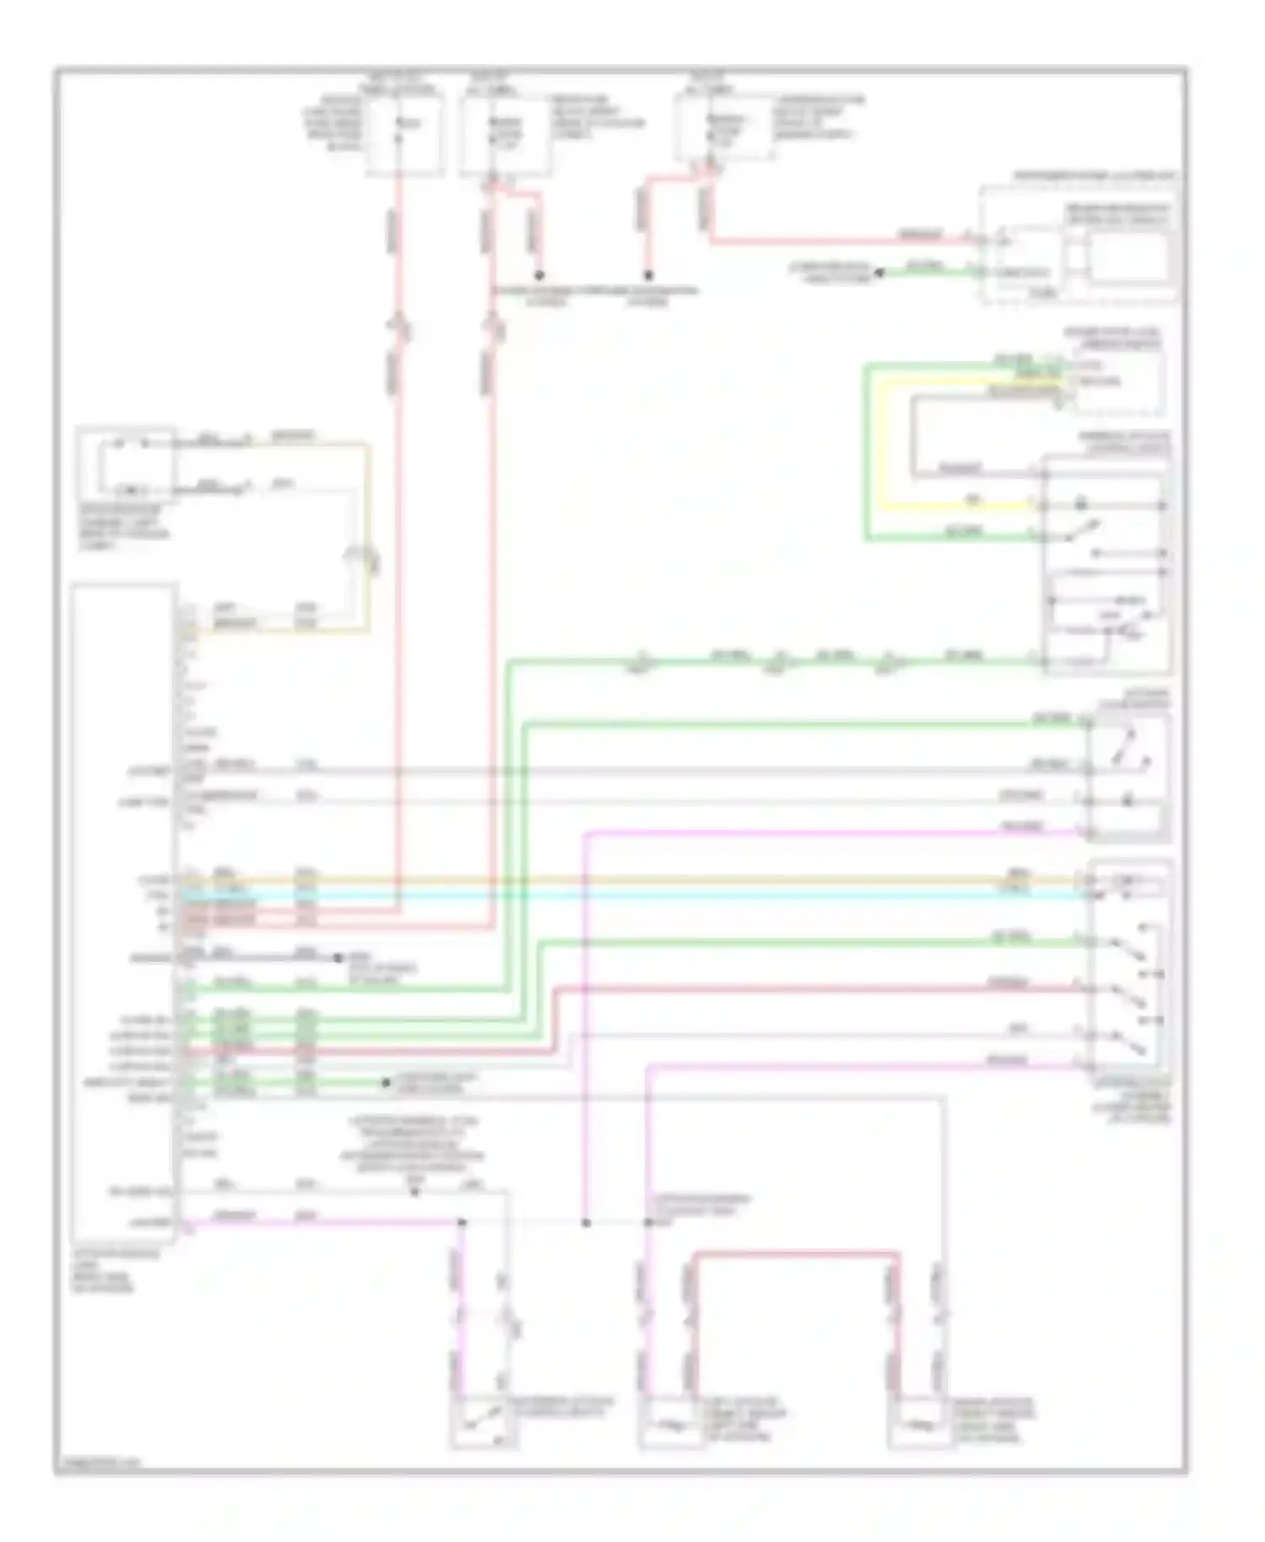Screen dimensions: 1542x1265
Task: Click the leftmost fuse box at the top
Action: pyautogui.click(x=405, y=135)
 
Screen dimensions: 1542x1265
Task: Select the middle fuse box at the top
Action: pyautogui.click(x=505, y=135)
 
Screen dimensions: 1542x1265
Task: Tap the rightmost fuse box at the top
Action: pyautogui.click(x=723, y=127)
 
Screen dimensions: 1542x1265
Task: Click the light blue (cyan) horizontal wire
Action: pyautogui.click(x=632, y=894)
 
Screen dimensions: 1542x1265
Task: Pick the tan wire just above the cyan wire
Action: pyautogui.click(x=632, y=880)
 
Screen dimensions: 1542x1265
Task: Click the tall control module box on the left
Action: pyautogui.click(x=124, y=911)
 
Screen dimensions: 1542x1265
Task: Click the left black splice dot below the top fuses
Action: pyautogui.click(x=540, y=276)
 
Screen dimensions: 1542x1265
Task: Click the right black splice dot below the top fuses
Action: pyautogui.click(x=649, y=276)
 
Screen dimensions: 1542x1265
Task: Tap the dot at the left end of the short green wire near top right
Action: pyautogui.click(x=879, y=272)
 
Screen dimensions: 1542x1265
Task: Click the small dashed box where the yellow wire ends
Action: pyautogui.click(x=1118, y=384)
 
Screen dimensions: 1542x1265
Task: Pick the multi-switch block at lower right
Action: pyautogui.click(x=1129, y=970)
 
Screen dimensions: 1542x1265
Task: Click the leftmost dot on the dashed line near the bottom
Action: pyautogui.click(x=461, y=1222)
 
